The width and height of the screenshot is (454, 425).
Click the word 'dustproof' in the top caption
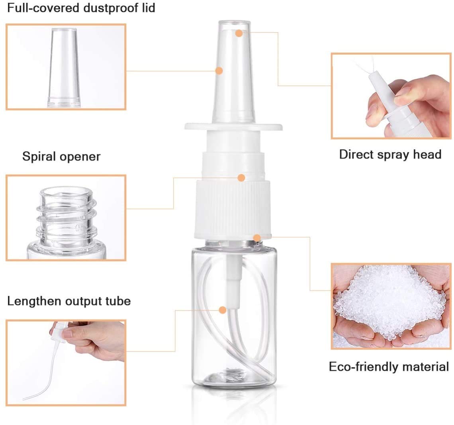(x=119, y=8)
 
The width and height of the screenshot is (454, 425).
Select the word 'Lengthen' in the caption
(x=34, y=301)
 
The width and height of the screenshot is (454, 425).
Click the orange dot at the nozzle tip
(x=239, y=33)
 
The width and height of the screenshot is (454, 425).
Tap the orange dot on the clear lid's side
(x=219, y=70)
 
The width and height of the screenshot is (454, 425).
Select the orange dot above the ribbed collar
(x=241, y=177)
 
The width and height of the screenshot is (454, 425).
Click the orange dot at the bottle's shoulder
(x=257, y=238)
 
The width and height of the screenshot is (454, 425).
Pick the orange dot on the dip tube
(x=222, y=310)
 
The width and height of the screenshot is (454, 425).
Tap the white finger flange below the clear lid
(x=233, y=126)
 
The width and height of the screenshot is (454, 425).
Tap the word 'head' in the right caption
(x=427, y=154)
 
